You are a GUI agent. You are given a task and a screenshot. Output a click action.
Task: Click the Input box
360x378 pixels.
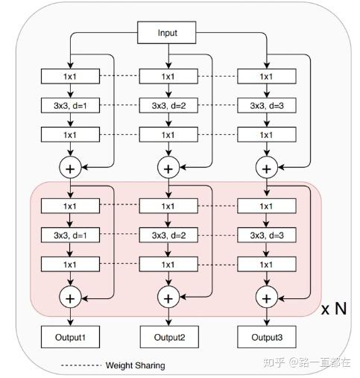pos(167,34)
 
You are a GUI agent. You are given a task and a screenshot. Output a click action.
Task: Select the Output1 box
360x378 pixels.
pos(69,337)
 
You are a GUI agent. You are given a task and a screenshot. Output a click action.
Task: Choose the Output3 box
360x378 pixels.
pos(266,337)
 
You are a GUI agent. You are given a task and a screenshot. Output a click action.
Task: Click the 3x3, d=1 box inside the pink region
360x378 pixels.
pos(69,235)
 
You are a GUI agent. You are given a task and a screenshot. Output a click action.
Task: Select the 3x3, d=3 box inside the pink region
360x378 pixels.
pos(266,235)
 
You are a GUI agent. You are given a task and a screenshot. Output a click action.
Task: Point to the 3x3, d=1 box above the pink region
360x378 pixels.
pos(69,105)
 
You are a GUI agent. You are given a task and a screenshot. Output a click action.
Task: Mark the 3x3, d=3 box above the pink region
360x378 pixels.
pos(266,105)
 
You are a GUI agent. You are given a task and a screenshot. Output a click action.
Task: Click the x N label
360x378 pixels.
pos(333,308)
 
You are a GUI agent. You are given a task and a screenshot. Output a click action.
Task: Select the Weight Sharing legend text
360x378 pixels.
pos(135,365)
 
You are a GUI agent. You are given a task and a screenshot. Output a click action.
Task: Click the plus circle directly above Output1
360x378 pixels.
pos(70,297)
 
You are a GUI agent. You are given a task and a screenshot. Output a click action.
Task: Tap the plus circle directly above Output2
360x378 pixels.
pos(168,297)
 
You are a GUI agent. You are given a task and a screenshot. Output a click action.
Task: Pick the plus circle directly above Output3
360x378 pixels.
pos(266,297)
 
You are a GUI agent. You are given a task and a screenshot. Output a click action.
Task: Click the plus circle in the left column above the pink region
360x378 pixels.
pos(70,168)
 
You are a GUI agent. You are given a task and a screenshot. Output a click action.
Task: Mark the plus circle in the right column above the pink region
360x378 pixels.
pos(266,168)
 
